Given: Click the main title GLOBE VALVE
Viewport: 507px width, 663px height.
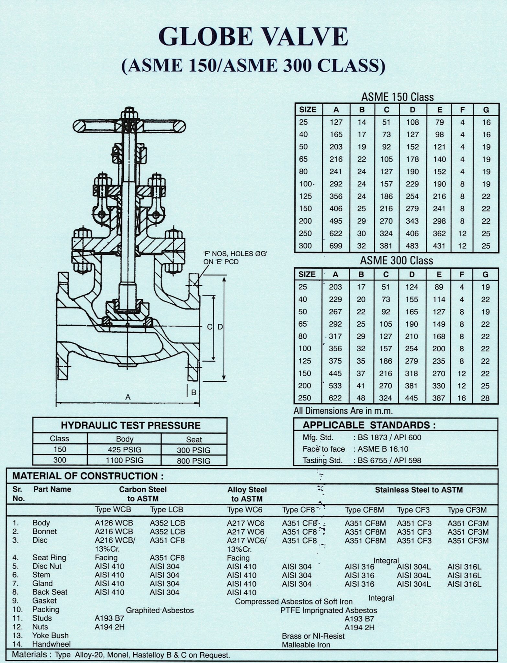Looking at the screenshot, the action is pyautogui.click(x=253, y=37).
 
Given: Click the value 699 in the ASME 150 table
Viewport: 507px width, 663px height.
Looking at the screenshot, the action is pyautogui.click(x=336, y=246).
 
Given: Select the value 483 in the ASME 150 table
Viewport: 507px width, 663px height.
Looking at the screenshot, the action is pyautogui.click(x=412, y=246).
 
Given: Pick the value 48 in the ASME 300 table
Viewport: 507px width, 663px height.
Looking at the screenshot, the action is pyautogui.click(x=361, y=398).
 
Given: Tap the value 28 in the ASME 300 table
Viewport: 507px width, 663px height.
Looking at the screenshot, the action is pyautogui.click(x=485, y=398).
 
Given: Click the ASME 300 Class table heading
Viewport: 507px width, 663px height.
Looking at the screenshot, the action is pyautogui.click(x=397, y=261).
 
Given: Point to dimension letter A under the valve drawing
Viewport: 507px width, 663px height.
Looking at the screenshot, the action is pyautogui.click(x=128, y=397).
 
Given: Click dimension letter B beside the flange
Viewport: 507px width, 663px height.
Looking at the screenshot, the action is pyautogui.click(x=194, y=392).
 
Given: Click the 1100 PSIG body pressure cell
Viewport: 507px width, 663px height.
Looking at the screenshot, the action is pyautogui.click(x=125, y=460).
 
